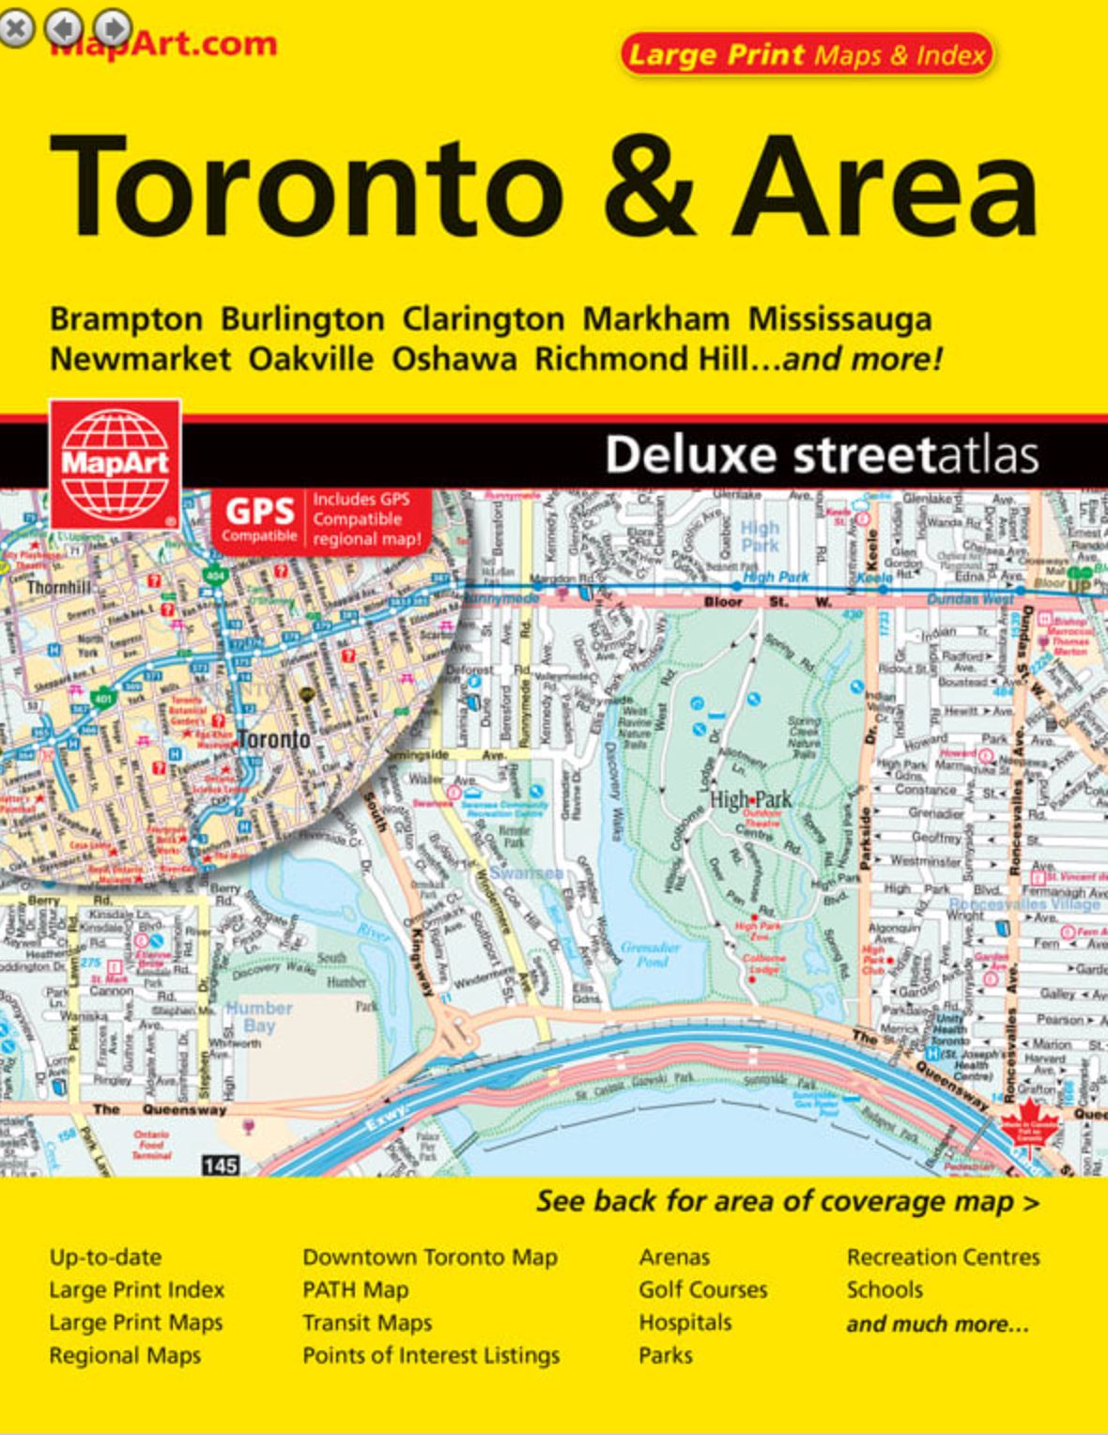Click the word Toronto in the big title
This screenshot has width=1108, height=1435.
coord(305,187)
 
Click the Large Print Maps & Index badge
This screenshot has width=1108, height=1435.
coord(806,54)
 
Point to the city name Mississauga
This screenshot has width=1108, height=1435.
coord(839,319)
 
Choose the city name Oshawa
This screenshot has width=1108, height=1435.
coord(454,359)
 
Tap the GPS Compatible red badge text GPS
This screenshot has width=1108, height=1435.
coord(259,512)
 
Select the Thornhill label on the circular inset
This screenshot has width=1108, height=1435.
coord(59,588)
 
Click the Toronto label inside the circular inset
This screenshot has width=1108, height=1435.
coord(273,739)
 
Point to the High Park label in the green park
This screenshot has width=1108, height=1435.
coord(750,800)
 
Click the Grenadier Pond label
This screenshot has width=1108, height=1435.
coord(650,953)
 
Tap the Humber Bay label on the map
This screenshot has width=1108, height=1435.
coord(259,1016)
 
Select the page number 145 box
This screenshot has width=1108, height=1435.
coord(220,1165)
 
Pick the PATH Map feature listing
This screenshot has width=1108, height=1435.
coord(355,1290)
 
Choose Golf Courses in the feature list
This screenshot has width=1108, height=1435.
coord(702,1290)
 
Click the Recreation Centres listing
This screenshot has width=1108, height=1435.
coord(943,1258)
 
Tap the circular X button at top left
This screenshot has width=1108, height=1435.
coord(16,28)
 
